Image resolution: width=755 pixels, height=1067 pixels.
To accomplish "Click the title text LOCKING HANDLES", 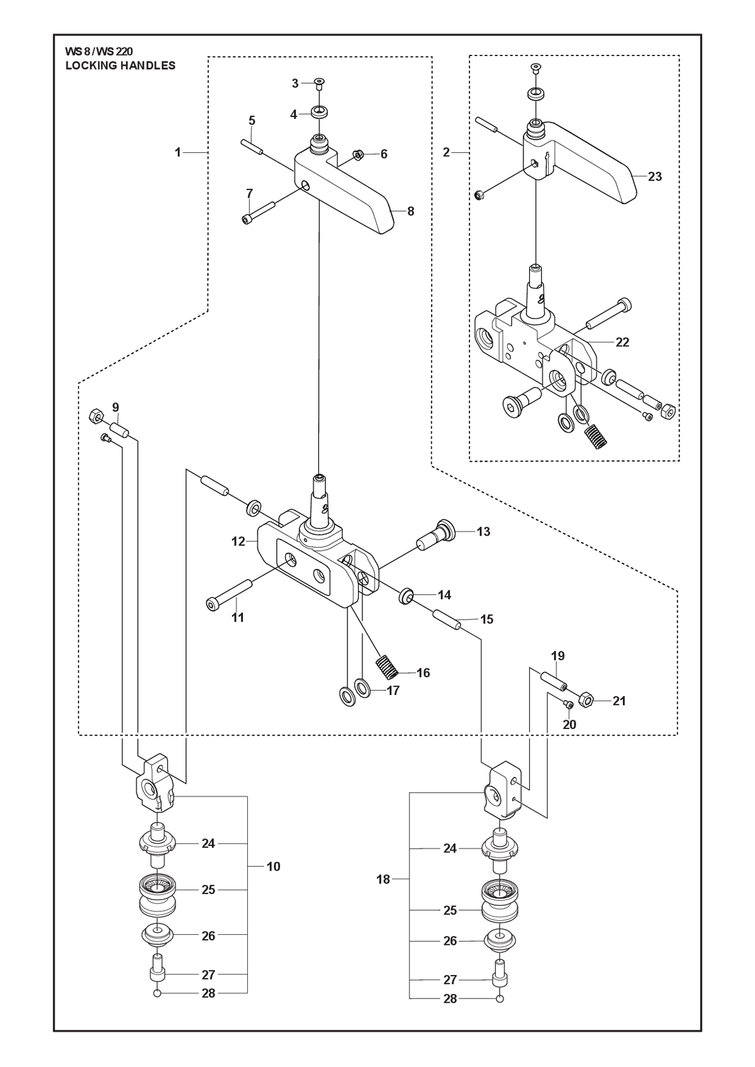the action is click(x=120, y=65).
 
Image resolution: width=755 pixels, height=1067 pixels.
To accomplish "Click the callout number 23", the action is click(x=655, y=177).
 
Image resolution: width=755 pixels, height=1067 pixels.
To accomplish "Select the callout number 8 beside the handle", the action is click(x=411, y=211).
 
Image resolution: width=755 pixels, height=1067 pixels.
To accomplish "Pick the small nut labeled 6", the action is click(x=359, y=154).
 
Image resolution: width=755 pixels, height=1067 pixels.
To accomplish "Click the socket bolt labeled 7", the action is click(x=259, y=212).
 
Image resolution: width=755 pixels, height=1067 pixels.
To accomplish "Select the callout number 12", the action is click(x=238, y=541).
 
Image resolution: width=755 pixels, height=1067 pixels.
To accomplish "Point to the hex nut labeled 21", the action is click(x=586, y=700).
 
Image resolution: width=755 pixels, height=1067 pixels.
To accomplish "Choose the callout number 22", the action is click(x=623, y=342).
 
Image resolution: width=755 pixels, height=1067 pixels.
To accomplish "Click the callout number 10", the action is click(x=273, y=866).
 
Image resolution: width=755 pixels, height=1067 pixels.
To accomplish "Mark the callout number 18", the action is click(x=383, y=879).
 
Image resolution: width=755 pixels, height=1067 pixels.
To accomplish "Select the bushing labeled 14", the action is click(x=406, y=596).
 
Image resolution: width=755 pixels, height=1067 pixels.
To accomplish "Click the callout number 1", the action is click(x=177, y=153).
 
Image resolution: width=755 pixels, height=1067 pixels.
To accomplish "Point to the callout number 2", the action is click(x=446, y=153).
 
